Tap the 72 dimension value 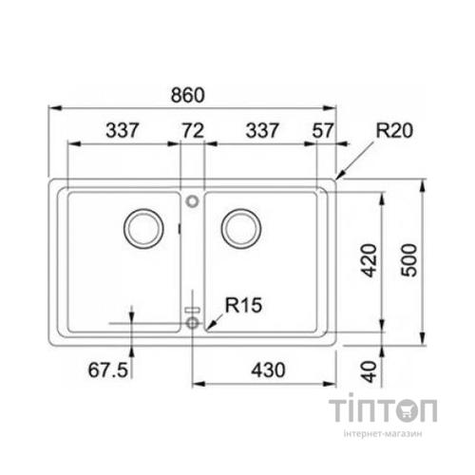tap(194, 130)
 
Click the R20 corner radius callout tap(392, 132)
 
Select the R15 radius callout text tap(243, 305)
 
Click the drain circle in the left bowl tap(143, 227)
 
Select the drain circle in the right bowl tap(240, 227)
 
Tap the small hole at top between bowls tap(193, 201)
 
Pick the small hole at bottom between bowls tap(193, 324)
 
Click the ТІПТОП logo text tap(386, 411)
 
